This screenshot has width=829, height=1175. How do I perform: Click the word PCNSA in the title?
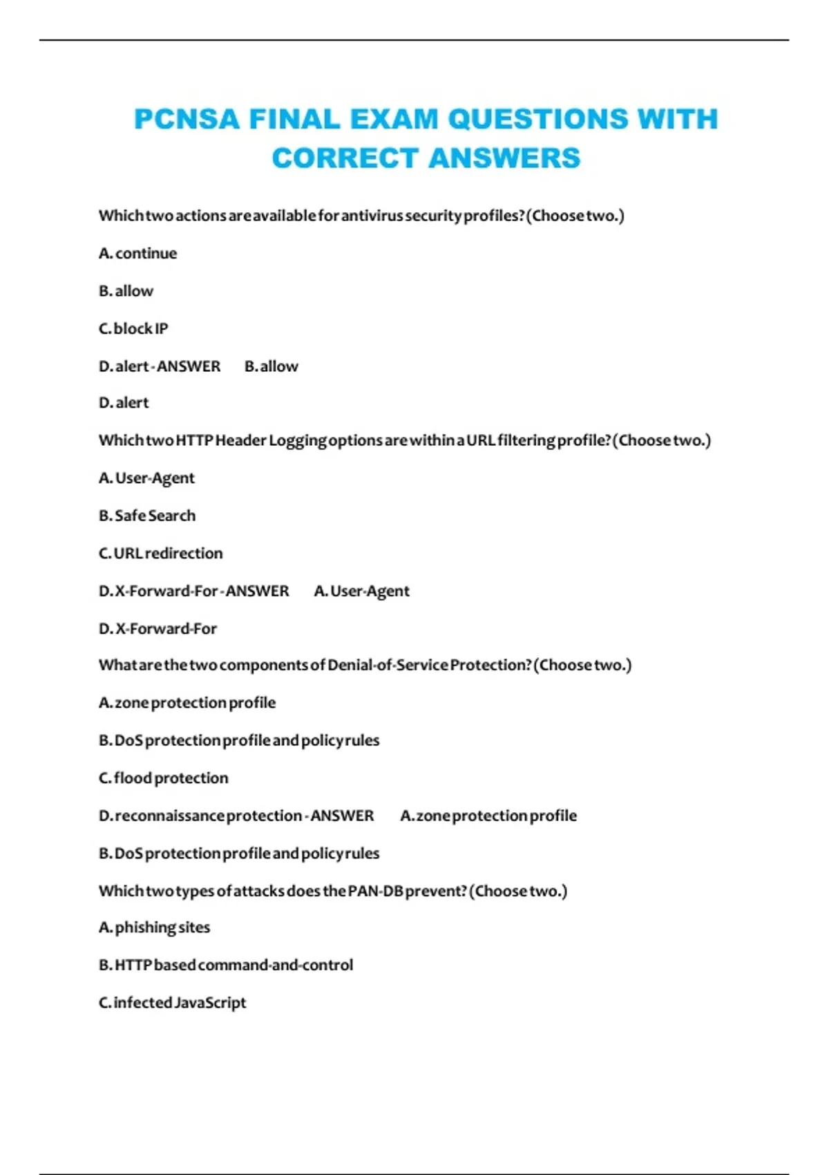click(186, 119)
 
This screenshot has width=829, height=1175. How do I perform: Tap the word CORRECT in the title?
click(345, 158)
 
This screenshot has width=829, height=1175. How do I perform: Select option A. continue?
click(138, 254)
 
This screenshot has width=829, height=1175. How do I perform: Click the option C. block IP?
click(133, 329)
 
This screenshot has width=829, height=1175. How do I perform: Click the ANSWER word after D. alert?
click(189, 366)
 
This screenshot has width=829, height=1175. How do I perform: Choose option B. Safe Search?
click(147, 516)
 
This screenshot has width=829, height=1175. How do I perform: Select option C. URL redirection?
click(161, 554)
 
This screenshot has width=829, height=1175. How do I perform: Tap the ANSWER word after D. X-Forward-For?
click(257, 591)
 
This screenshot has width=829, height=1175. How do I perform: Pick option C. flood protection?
click(164, 778)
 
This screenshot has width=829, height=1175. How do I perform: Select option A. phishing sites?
click(155, 928)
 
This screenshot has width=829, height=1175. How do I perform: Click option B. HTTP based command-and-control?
click(226, 965)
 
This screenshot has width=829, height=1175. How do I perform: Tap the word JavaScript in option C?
click(210, 1003)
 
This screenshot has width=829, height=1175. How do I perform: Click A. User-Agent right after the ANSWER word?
click(361, 592)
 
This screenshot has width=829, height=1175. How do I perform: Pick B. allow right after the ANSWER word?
click(271, 366)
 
